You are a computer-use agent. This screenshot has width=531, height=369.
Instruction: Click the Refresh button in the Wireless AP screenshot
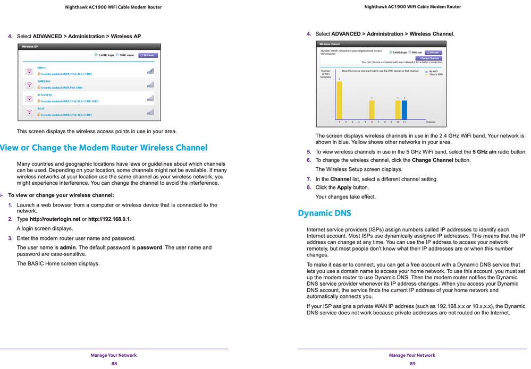(148, 55)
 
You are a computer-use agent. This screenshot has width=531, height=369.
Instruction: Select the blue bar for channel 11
(404, 110)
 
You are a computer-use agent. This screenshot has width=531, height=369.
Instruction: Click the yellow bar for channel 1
(339, 100)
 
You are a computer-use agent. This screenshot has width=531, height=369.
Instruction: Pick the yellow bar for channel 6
(372, 110)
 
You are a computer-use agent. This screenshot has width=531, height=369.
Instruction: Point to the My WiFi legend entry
(433, 71)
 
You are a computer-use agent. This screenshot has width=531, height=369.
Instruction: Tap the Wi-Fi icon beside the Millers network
(29, 71)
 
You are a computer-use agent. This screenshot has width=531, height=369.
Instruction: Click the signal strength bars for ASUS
(150, 111)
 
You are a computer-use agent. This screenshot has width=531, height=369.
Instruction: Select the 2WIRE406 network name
(44, 82)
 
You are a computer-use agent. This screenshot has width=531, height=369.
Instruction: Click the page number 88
(114, 364)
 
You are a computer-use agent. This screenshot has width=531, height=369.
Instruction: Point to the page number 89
(412, 364)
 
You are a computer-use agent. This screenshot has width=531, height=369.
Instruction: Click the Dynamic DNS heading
(324, 213)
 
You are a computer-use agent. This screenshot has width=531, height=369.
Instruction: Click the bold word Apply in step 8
(344, 188)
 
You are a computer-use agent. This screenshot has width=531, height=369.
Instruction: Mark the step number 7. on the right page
(309, 179)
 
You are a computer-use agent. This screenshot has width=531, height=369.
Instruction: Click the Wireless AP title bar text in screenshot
(30, 47)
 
